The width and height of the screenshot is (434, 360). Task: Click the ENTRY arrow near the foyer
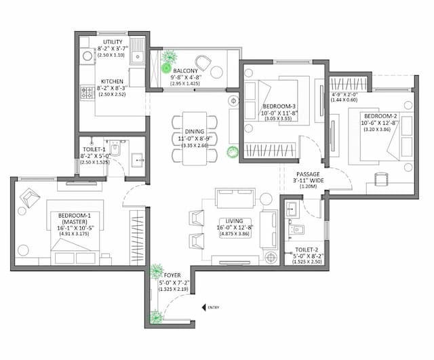[x=203, y=307]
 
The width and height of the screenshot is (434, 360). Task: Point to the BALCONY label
[x=185, y=71]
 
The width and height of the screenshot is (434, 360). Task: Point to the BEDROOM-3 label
[x=279, y=106]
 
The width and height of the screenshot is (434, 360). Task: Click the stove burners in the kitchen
[x=87, y=93]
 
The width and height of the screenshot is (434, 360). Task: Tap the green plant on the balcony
[x=167, y=62]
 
